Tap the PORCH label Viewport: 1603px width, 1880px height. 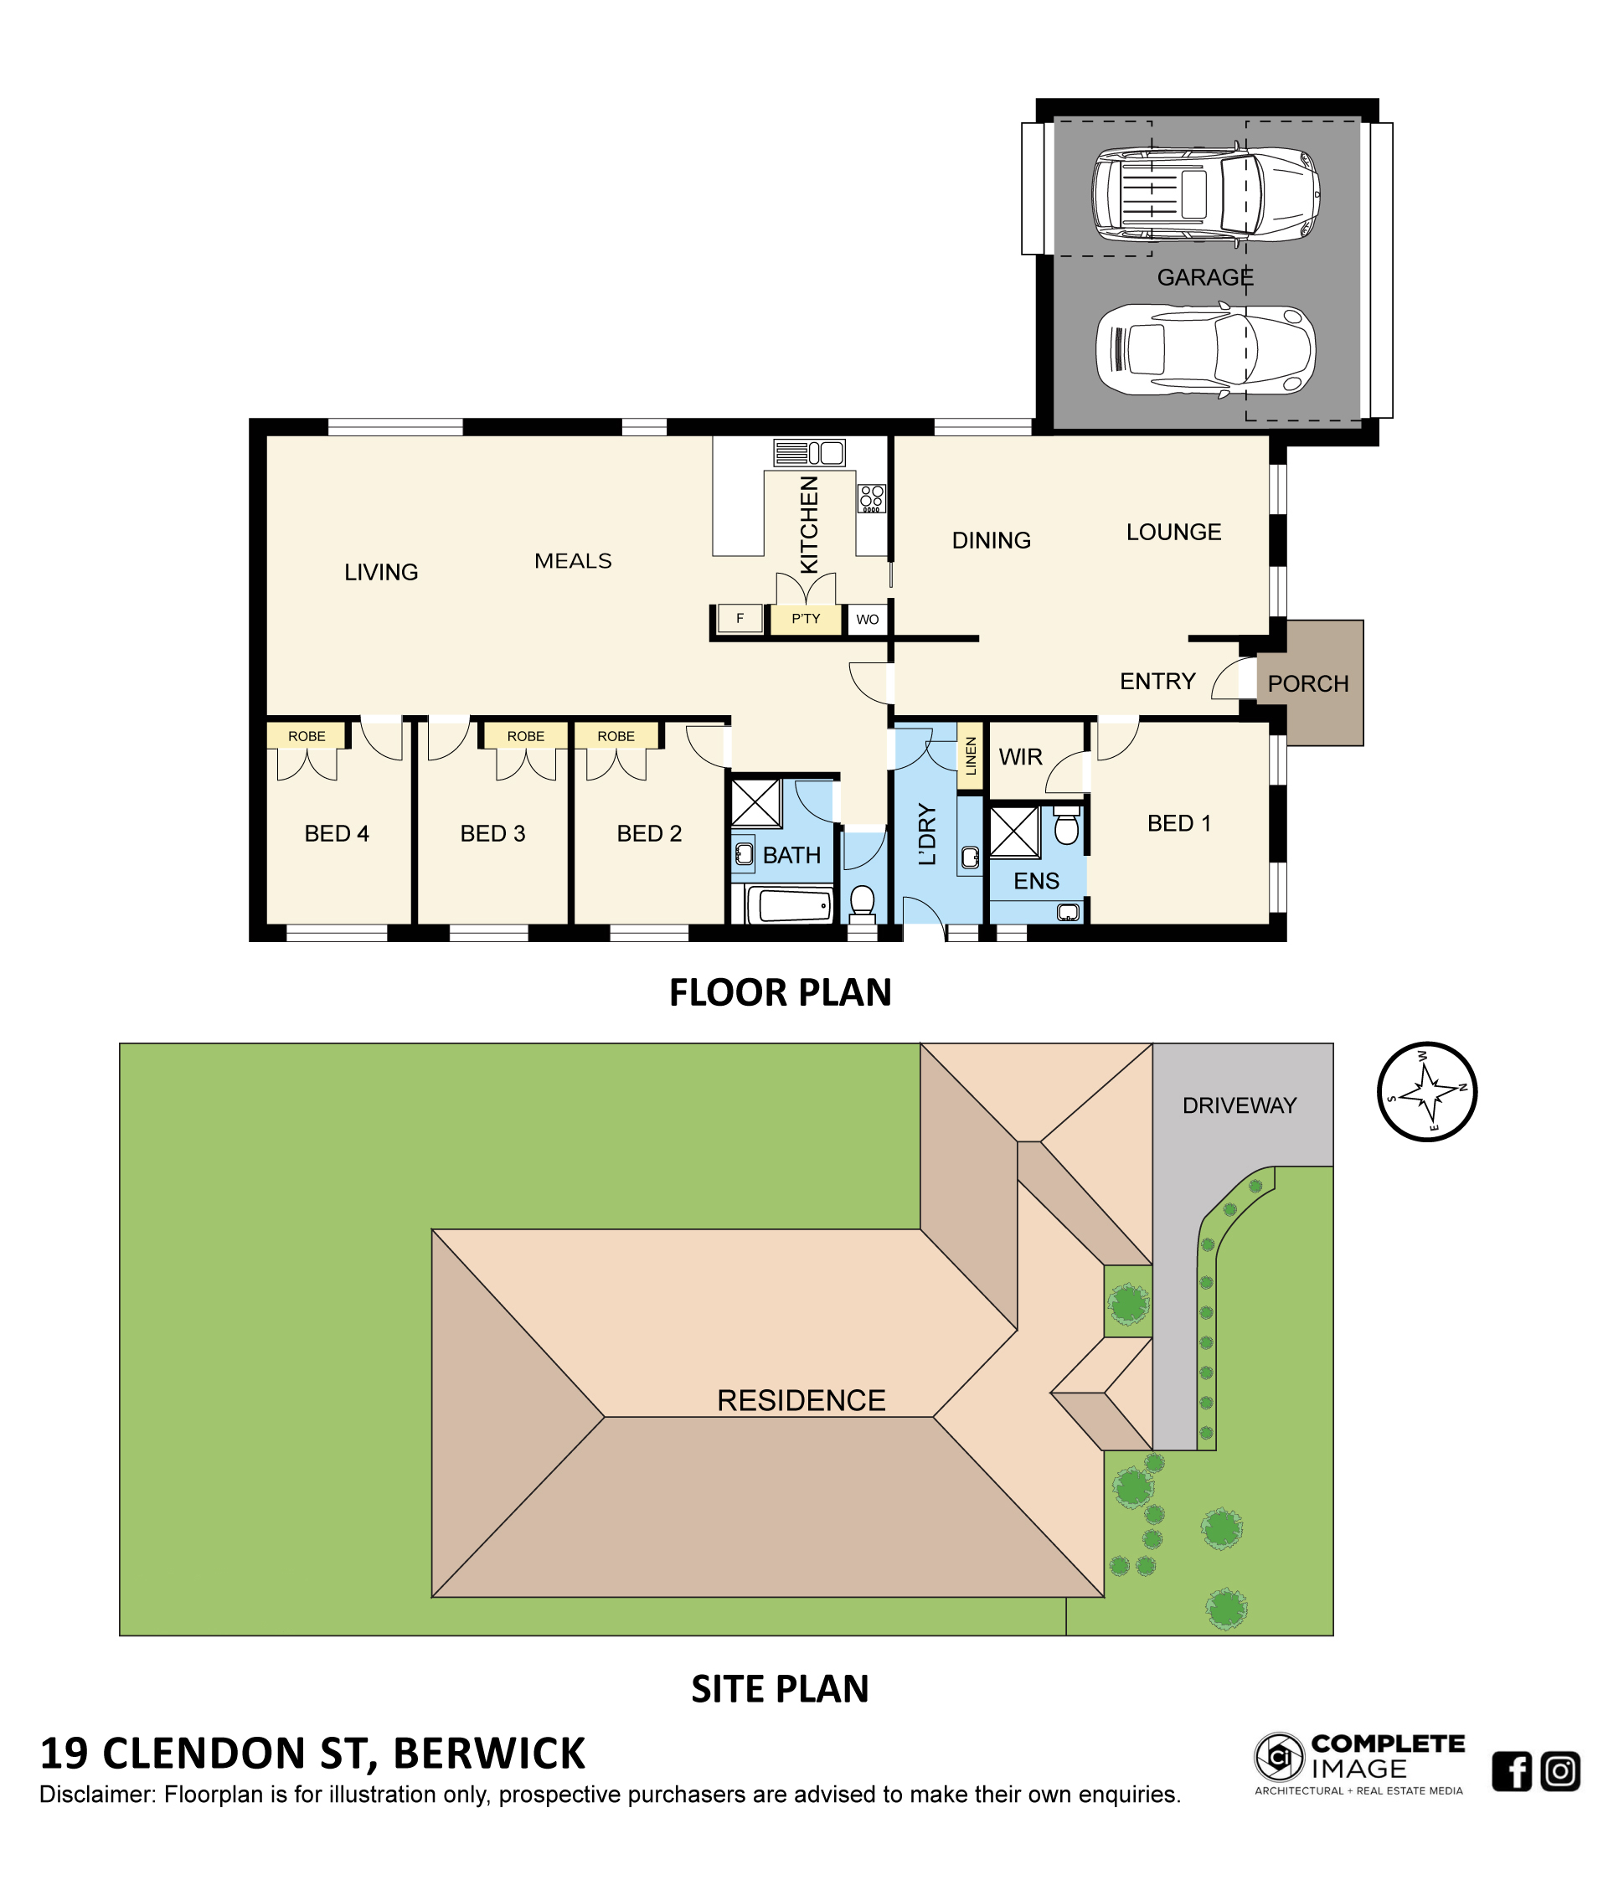(x=1307, y=683)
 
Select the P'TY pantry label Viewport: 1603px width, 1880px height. (x=806, y=619)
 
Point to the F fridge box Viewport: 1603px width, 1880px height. (x=740, y=619)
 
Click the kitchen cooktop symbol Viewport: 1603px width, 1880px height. (x=871, y=498)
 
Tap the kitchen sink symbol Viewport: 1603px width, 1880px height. (x=809, y=453)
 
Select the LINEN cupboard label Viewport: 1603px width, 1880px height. (x=971, y=756)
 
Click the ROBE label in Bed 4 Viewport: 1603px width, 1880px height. (x=307, y=736)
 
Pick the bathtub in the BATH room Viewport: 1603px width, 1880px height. (x=789, y=905)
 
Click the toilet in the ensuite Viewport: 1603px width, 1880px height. (x=1067, y=826)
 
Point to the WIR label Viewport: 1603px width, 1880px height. (x=1021, y=757)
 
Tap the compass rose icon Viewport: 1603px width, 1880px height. (x=1427, y=1091)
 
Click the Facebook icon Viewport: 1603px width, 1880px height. (x=1512, y=1771)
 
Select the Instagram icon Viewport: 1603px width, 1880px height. (x=1560, y=1771)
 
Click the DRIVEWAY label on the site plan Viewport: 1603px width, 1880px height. (x=1240, y=1105)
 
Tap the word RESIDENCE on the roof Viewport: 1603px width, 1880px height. (x=801, y=1400)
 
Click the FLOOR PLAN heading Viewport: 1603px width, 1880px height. (x=781, y=992)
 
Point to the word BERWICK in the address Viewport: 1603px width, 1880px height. (x=490, y=1754)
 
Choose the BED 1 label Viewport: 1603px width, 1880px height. (x=1178, y=823)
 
